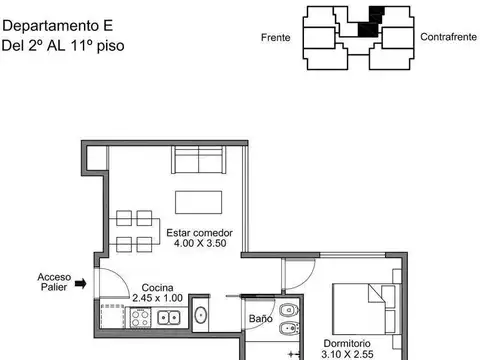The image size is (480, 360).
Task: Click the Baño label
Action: pos(260,319)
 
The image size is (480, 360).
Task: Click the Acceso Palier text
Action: pos(53,282)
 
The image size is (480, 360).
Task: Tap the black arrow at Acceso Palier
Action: pos(82,283)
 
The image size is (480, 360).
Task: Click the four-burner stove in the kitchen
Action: pos(138,318)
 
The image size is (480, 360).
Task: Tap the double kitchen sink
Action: pos(168,318)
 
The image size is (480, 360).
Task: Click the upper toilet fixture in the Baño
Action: pos(287,308)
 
